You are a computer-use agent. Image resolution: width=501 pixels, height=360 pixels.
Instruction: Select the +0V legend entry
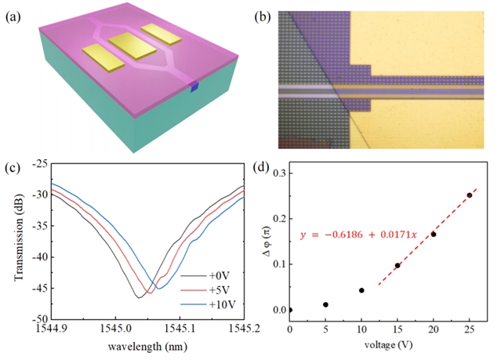(x=225, y=276)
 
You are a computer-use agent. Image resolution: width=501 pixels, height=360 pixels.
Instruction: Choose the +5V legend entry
(x=225, y=290)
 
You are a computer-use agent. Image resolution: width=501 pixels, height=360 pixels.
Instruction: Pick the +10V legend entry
(x=227, y=304)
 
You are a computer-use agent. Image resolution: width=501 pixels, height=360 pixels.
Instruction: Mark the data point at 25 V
(x=470, y=195)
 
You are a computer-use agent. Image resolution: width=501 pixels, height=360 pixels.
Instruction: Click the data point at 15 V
(x=398, y=265)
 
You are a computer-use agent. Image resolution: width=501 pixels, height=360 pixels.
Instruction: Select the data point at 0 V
(x=290, y=310)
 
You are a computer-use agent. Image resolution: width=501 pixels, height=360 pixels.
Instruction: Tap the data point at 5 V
(x=325, y=304)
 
